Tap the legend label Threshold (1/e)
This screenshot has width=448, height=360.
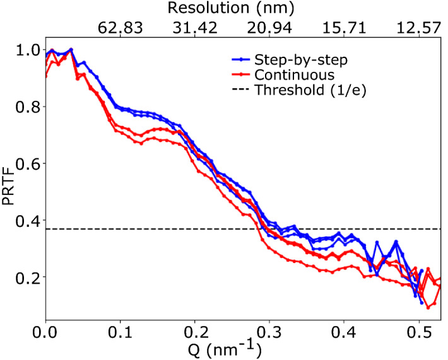click(310, 90)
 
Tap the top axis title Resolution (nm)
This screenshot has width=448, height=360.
click(232, 8)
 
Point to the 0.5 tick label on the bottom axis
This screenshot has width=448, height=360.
click(418, 330)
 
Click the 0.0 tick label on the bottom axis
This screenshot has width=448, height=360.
click(45, 330)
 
